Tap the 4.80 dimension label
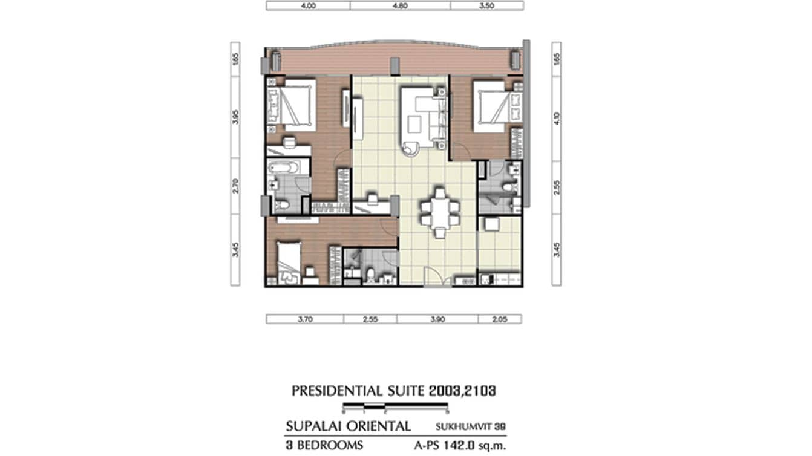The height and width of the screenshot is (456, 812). (x=400, y=6)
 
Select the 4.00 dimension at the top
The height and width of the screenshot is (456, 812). (x=308, y=6)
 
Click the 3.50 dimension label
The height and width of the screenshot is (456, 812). (x=486, y=6)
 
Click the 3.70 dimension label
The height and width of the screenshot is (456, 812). (x=304, y=319)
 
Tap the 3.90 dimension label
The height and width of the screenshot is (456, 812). (x=437, y=319)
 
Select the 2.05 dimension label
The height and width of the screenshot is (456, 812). (x=499, y=319)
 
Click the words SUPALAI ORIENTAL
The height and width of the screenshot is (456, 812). (x=348, y=426)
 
